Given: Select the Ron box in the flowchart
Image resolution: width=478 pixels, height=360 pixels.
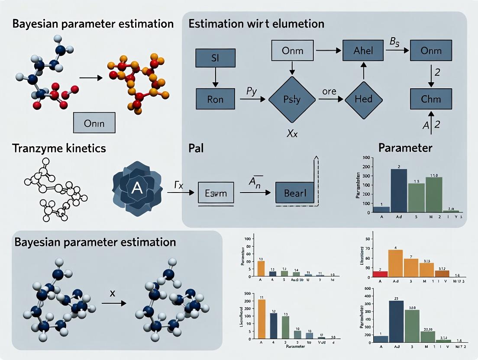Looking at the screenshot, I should point(215,99).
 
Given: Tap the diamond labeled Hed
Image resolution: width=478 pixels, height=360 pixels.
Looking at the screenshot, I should point(364,100).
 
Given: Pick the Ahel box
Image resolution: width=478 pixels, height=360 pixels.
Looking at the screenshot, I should point(364,51).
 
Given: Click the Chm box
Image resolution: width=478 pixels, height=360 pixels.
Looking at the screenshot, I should point(431,99).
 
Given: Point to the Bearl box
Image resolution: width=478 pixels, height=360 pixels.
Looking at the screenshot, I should point(295,192).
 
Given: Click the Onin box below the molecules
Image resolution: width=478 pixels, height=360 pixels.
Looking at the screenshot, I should point(94,122).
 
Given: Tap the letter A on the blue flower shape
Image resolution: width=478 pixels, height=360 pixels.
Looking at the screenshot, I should point(136,188).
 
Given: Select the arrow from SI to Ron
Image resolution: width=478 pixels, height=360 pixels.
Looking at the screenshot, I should point(215,79).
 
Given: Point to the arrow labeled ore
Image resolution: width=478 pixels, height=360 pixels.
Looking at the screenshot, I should point(332,100).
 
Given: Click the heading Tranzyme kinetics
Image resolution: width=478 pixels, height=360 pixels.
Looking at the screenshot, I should point(59,148).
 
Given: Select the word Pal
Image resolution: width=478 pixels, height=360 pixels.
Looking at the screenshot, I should point(196,148).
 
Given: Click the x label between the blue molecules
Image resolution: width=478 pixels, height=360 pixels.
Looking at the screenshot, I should point(113,293).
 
